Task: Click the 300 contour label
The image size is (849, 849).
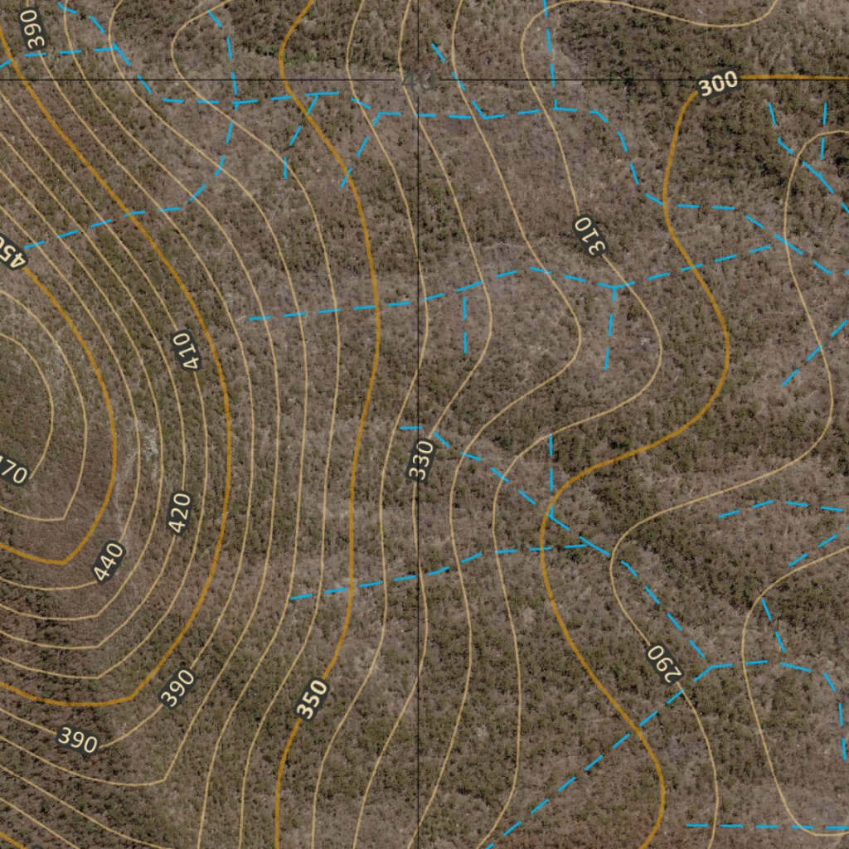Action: tap(718, 84)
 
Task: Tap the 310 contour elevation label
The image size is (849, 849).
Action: tap(590, 235)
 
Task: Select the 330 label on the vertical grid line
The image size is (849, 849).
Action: tap(421, 460)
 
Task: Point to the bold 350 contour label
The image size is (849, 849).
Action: tap(312, 699)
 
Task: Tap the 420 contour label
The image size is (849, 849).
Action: tap(180, 513)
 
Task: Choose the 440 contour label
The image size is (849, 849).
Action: tap(109, 561)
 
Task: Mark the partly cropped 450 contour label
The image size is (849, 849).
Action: tap(12, 250)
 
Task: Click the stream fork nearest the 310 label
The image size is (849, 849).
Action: tap(614, 287)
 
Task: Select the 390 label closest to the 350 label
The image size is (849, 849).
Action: tap(177, 687)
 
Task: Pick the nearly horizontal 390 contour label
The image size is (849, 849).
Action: tap(78, 739)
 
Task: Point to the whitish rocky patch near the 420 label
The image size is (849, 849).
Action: tap(149, 444)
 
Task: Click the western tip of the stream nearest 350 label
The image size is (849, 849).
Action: tap(290, 598)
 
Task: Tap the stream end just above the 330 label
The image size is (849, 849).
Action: tap(402, 428)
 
